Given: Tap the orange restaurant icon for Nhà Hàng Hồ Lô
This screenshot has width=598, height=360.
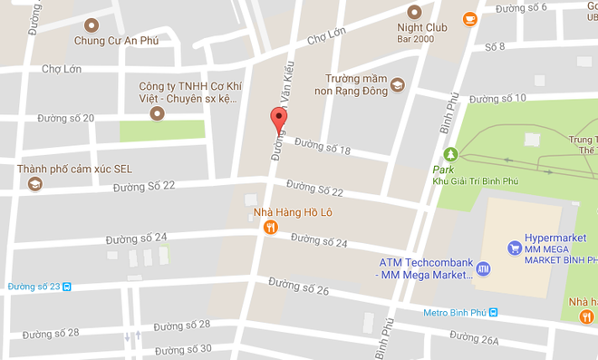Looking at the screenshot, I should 270,229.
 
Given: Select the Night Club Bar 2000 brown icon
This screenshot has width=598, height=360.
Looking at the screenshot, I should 415,12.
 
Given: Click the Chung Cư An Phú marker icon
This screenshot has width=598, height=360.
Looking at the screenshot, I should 91,25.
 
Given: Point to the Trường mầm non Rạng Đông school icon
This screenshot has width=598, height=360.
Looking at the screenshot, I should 397,87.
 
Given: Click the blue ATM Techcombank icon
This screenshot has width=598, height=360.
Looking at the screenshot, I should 483,268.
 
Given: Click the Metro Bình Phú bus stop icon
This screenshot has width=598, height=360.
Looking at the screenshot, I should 493,313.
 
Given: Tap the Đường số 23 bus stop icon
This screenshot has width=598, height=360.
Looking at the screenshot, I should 66,287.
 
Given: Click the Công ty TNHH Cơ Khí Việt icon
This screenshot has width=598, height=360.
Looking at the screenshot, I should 156,113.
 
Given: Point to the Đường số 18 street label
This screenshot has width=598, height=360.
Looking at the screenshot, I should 323,146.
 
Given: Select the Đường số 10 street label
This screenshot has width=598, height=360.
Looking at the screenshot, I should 497,99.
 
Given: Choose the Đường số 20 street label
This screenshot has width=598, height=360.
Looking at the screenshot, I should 65,119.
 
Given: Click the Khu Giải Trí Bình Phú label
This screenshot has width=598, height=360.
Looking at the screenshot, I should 475,180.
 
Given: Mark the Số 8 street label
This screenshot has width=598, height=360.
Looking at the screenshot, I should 495,46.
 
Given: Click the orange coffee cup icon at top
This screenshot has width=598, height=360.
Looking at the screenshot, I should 469,18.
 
